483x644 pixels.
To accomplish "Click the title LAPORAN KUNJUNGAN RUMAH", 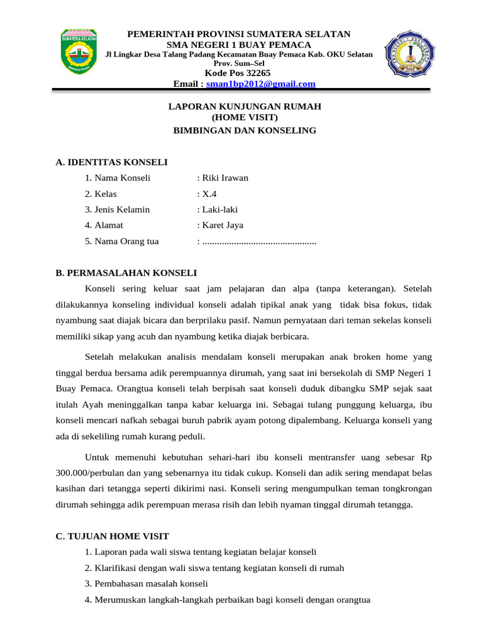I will (x=245, y=107).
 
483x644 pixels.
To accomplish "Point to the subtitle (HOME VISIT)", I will (x=245, y=117).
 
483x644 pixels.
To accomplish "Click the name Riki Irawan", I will (x=225, y=178).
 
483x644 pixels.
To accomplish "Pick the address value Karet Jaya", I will (x=222, y=225).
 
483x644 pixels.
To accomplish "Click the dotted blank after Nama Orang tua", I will (x=258, y=241).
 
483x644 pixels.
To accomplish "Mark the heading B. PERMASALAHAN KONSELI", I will (x=126, y=273).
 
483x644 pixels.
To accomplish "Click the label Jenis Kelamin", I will (x=122, y=209).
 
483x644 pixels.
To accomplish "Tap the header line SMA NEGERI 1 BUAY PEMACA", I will (x=238, y=45).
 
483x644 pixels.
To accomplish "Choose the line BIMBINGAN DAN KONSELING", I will (x=245, y=131).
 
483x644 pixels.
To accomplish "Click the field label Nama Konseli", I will (x=122, y=178).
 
